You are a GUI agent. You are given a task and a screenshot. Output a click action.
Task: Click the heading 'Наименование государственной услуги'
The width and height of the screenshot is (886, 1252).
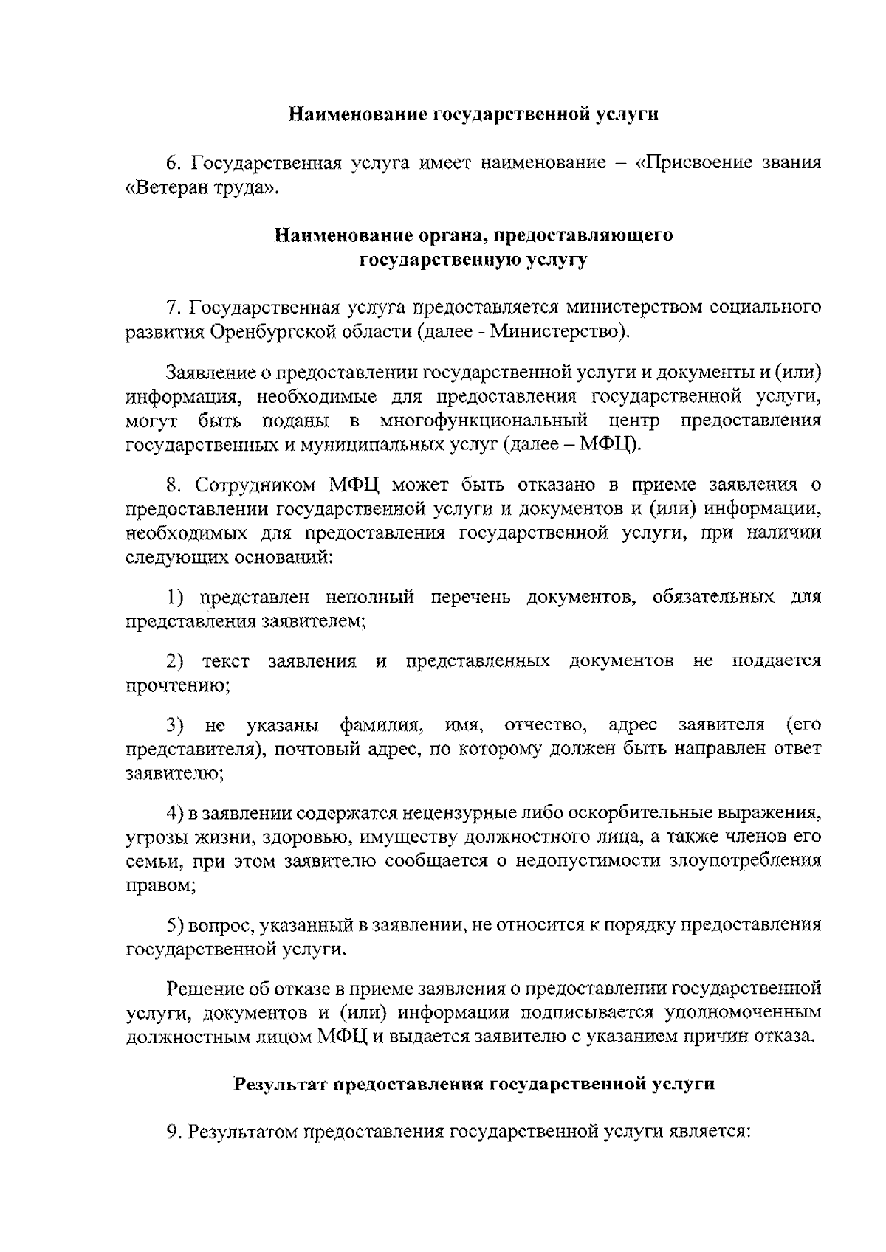point(473,114)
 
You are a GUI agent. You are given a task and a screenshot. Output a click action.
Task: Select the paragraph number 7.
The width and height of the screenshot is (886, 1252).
point(174,307)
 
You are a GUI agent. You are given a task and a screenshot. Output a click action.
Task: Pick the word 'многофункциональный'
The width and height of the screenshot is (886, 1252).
point(484,421)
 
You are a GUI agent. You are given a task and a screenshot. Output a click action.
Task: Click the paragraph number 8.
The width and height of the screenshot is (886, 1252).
point(174,485)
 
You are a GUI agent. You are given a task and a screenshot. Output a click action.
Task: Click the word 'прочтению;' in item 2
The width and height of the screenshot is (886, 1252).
point(178,685)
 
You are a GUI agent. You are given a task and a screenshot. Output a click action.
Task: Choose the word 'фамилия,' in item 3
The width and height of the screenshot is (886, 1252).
point(382,725)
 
